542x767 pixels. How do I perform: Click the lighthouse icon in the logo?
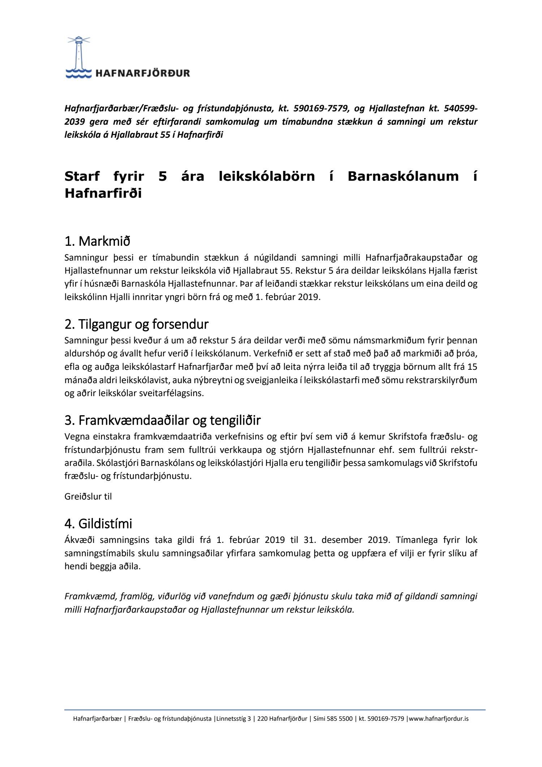(78, 54)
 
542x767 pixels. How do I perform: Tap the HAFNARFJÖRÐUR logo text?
(142, 73)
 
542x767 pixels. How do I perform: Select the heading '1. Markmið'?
(97, 241)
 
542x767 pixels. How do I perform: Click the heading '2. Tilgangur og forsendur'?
(136, 324)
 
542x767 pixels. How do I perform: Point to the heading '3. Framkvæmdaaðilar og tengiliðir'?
(162, 420)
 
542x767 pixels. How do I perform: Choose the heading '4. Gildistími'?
(98, 523)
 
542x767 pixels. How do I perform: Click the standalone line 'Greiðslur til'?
(88, 497)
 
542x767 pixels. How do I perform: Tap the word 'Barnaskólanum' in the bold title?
(403, 176)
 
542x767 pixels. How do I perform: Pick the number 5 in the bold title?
(163, 176)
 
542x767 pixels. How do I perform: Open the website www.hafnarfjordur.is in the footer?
(438, 719)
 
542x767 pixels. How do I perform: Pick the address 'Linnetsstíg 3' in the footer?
(233, 719)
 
